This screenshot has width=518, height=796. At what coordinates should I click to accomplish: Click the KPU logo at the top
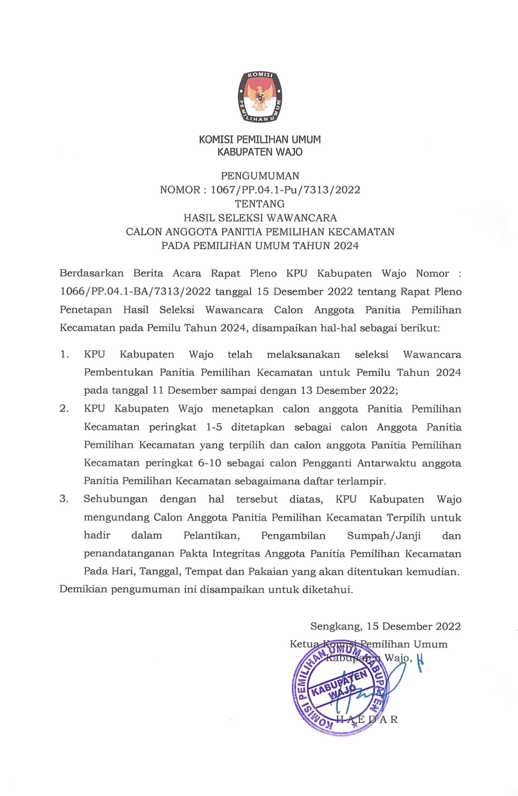coord(259,97)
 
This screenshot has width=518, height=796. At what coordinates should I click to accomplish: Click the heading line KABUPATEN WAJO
coord(259,152)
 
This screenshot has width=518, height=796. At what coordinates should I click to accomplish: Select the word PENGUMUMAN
coord(259,175)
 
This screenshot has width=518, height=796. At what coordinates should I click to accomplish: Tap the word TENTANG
coord(259,204)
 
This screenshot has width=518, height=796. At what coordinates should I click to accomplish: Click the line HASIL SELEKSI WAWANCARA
coord(259,218)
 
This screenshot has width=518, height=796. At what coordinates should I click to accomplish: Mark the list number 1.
coord(64,353)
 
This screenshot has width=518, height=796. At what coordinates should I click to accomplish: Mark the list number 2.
coord(64,408)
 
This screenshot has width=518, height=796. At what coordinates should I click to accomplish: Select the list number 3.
coord(64,498)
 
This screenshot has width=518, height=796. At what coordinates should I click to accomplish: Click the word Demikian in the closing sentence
coord(83,589)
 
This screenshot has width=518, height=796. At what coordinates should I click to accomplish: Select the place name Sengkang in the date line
coord(337,626)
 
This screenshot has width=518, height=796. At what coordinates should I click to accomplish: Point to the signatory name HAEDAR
coord(371,719)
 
